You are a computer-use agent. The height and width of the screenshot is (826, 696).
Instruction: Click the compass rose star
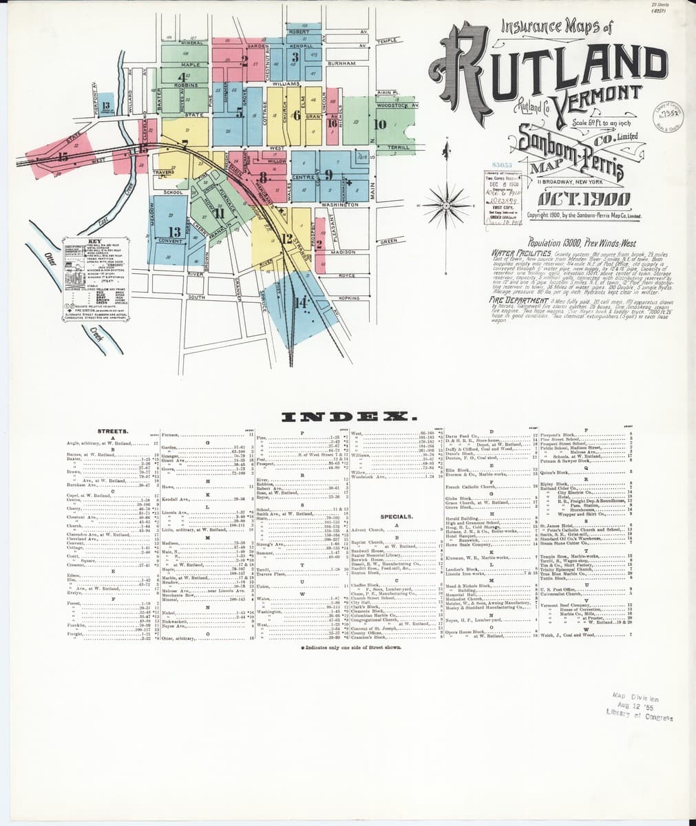tap(445, 204)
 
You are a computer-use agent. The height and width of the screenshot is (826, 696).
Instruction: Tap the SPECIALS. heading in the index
tap(396, 516)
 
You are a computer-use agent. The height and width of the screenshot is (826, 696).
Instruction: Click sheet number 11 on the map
tap(220, 213)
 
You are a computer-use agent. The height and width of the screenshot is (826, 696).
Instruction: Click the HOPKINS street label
tap(349, 298)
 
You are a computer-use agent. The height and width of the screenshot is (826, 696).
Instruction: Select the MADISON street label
tap(342, 252)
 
